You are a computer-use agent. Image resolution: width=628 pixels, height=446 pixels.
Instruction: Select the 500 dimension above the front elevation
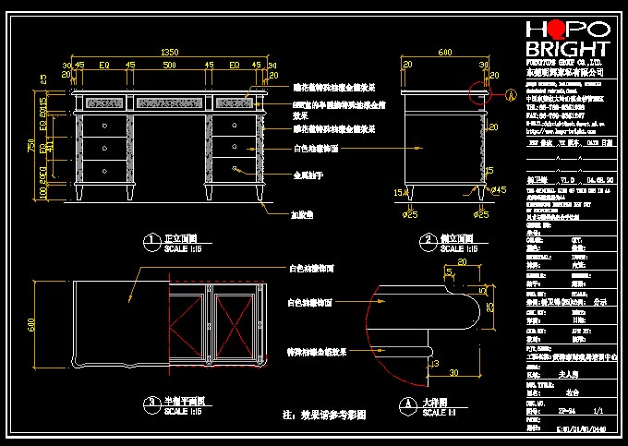click(169, 66)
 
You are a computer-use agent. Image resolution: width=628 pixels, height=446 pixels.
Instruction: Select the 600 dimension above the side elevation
click(444, 54)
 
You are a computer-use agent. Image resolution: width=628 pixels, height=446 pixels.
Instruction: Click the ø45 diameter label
click(499, 190)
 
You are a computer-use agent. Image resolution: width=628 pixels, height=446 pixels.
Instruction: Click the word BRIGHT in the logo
click(567, 48)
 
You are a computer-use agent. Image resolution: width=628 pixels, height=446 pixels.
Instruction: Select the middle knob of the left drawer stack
click(103, 146)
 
